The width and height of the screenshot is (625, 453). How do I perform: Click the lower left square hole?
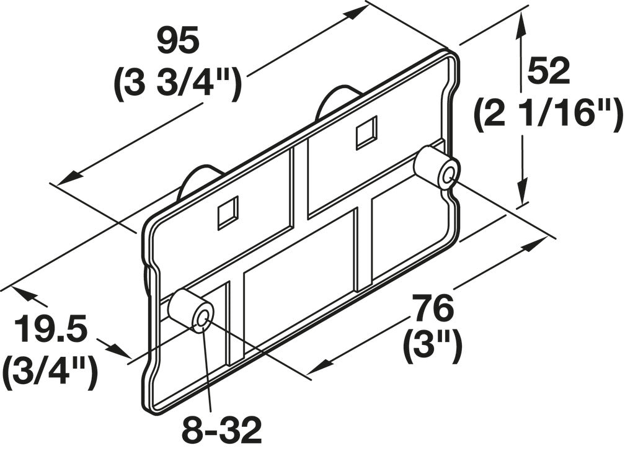[228, 213]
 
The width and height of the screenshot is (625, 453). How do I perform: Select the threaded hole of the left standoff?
[203, 319]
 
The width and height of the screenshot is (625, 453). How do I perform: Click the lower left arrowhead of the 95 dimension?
[65, 177]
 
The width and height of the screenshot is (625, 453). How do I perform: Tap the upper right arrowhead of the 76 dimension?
[533, 244]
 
